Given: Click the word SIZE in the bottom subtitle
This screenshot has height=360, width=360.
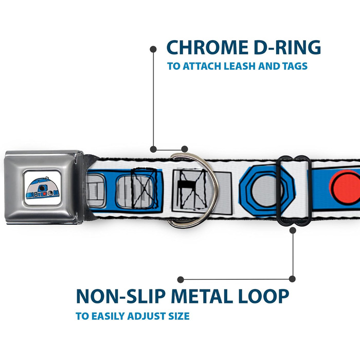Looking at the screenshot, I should click(178, 316).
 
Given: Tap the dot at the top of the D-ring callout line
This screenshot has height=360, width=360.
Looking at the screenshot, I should click(153, 49).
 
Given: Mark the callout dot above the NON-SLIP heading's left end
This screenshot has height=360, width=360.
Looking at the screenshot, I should click(180, 279).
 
